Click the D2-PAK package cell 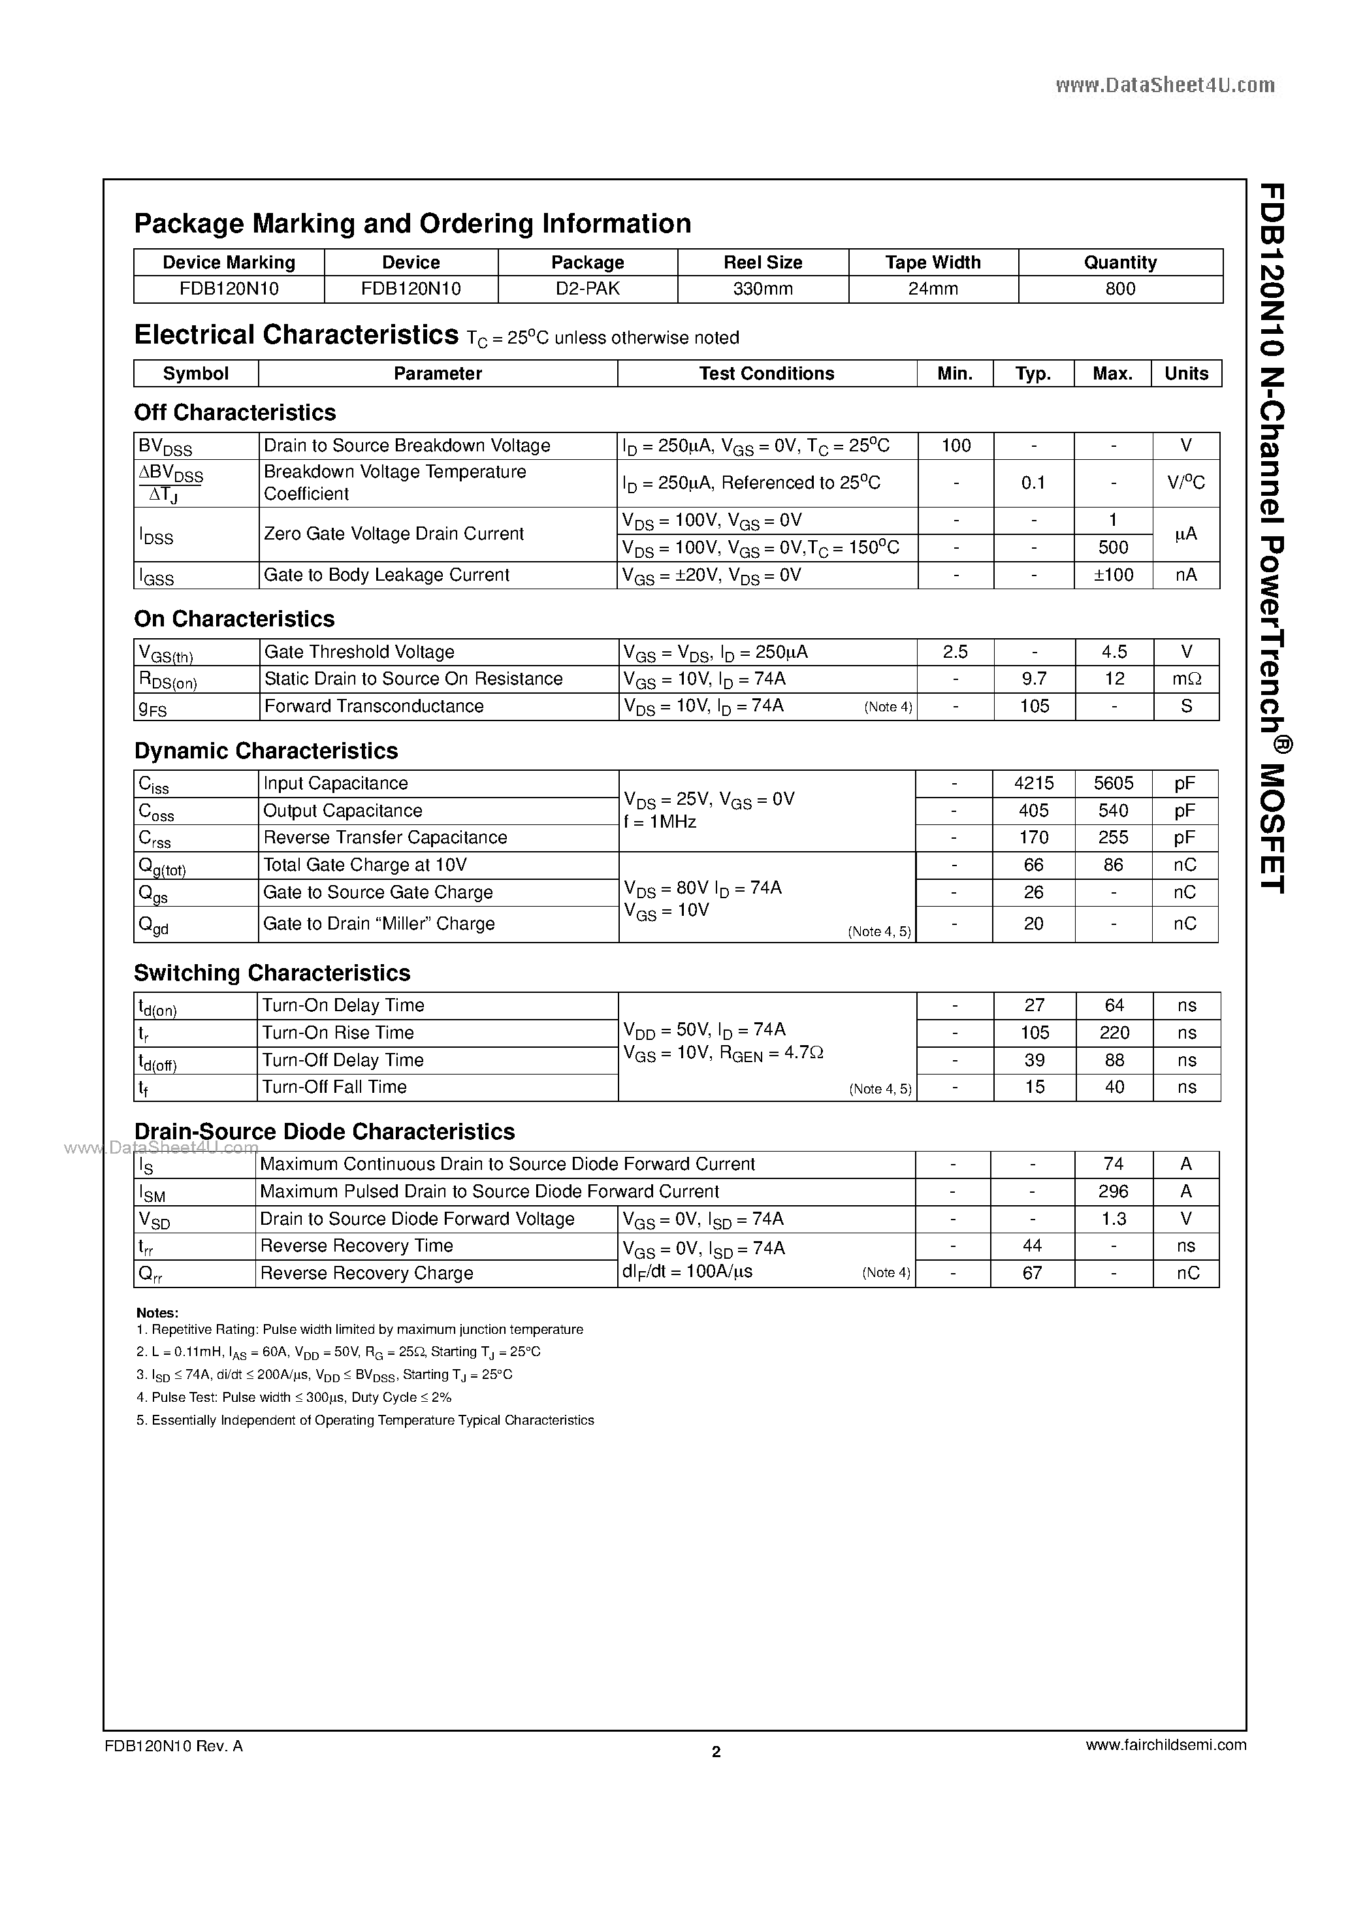pyautogui.click(x=587, y=289)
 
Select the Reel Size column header pyautogui.click(x=762, y=262)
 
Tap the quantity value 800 pyautogui.click(x=1119, y=289)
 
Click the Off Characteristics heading pyautogui.click(x=234, y=413)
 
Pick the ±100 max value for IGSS pyautogui.click(x=1113, y=575)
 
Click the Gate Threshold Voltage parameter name pyautogui.click(x=359, y=652)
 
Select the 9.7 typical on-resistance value pyautogui.click(x=1033, y=679)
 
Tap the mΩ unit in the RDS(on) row pyautogui.click(x=1186, y=679)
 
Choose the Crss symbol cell pyautogui.click(x=155, y=839)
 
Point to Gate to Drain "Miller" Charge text pyautogui.click(x=378, y=924)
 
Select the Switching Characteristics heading pyautogui.click(x=272, y=973)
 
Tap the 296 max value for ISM pyautogui.click(x=1113, y=1191)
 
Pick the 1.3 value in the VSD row pyautogui.click(x=1113, y=1219)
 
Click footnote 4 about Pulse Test pyautogui.click(x=294, y=1398)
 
